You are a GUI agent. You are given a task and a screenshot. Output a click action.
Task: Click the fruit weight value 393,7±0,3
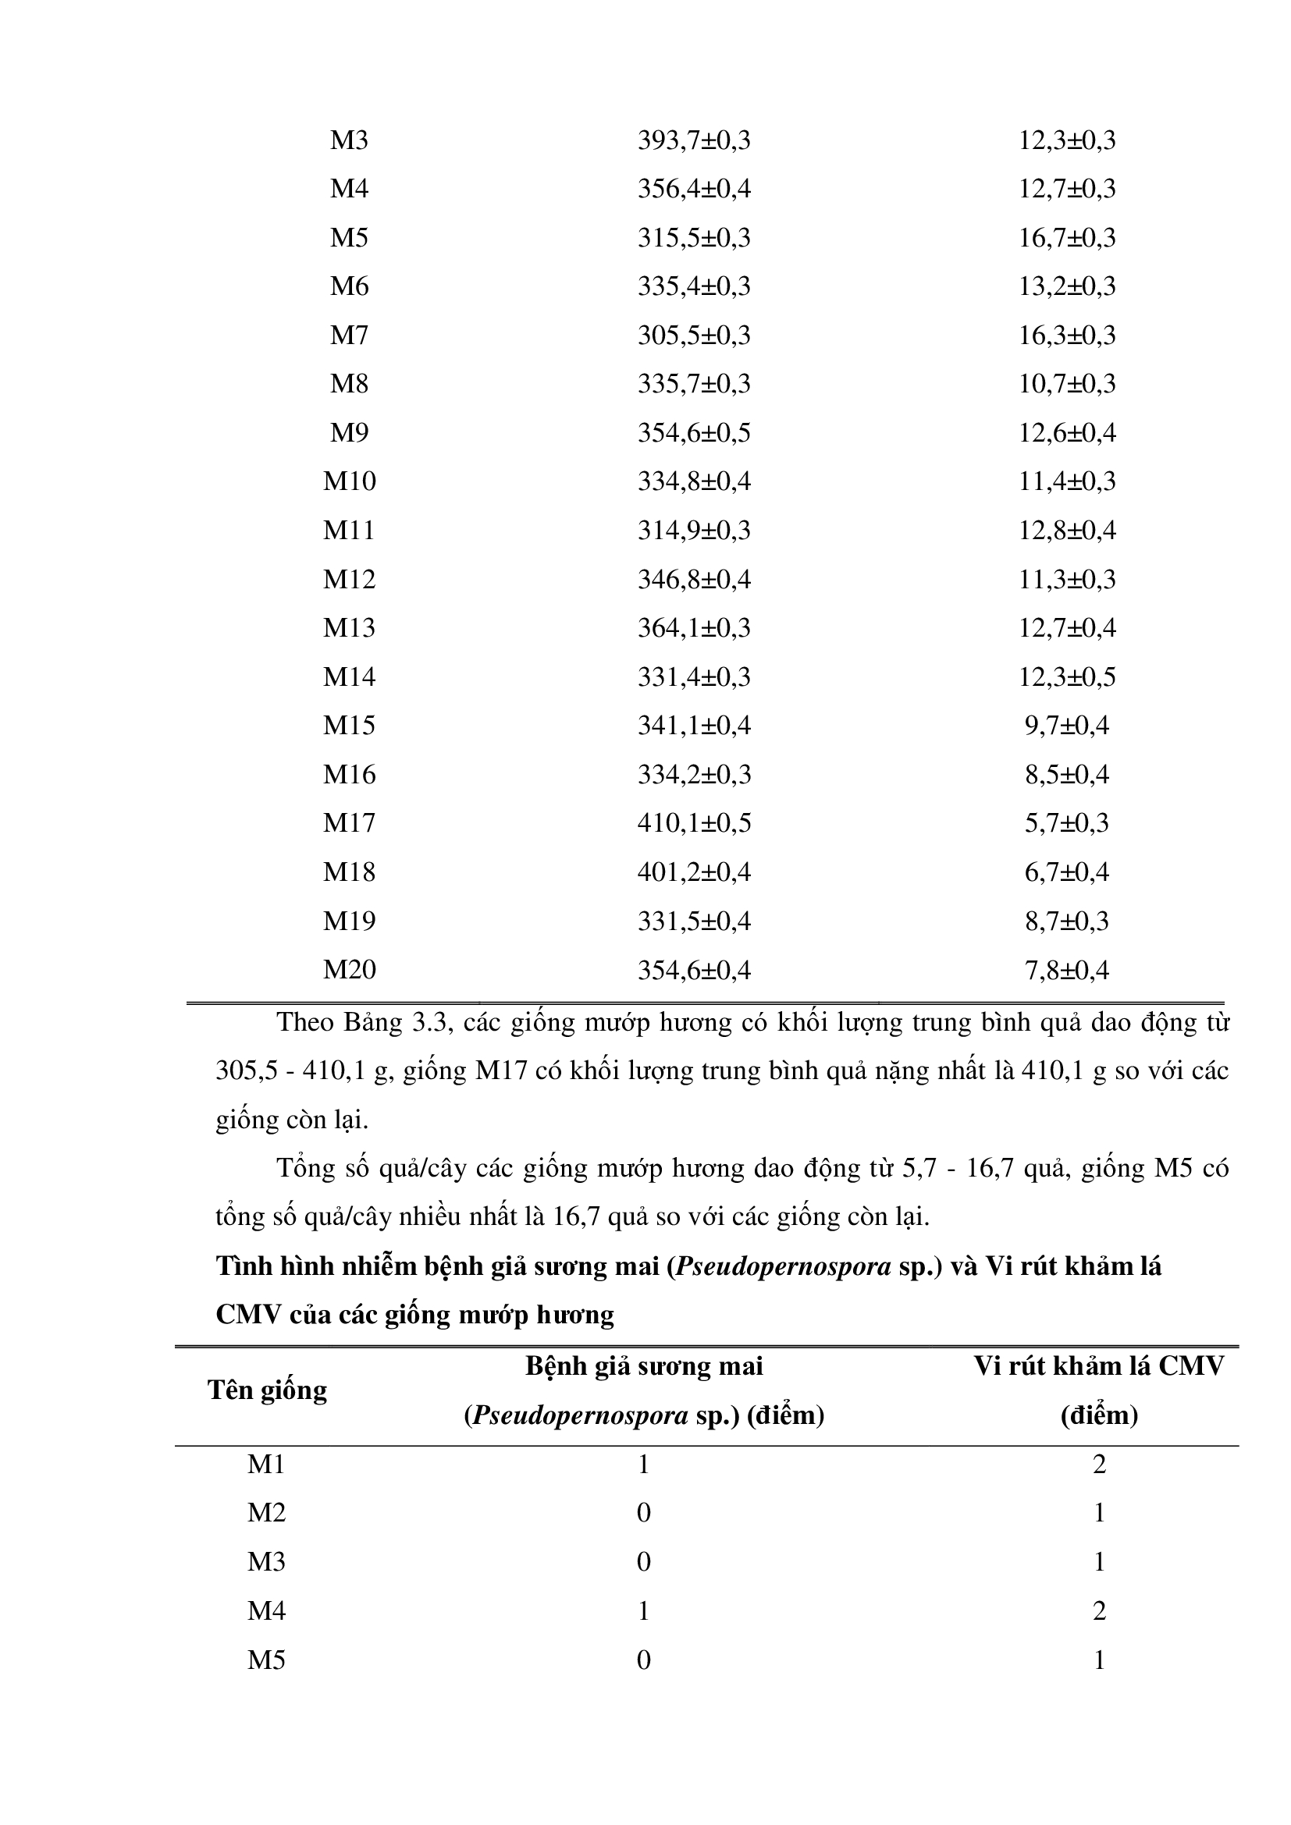[693, 140]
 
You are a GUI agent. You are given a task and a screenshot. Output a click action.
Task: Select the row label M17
[349, 822]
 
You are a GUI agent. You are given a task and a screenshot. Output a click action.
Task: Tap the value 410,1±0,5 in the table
[693, 822]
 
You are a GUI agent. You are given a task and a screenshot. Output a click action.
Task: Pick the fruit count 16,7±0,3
[1067, 238]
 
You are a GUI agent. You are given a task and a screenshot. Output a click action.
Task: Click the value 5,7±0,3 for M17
[1067, 822]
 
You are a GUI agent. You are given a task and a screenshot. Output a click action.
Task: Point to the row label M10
[349, 481]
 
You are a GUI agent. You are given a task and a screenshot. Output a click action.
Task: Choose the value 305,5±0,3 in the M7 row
[693, 336]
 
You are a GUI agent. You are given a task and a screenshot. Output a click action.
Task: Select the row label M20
[349, 970]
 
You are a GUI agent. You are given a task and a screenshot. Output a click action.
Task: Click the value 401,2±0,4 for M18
[693, 872]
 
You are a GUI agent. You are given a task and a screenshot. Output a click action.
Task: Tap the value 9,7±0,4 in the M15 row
[1067, 726]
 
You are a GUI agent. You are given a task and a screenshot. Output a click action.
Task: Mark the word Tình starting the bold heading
[244, 1266]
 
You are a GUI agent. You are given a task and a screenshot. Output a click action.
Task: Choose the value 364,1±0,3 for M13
[693, 628]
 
